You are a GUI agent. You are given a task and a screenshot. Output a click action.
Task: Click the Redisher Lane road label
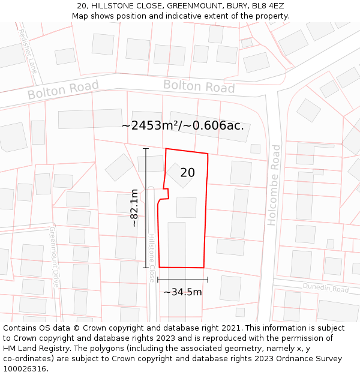[28, 51]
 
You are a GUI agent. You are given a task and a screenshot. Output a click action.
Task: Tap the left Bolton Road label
[63, 91]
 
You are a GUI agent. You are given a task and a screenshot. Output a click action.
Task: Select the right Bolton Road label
[199, 86]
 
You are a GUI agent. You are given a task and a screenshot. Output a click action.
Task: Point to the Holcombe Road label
[274, 185]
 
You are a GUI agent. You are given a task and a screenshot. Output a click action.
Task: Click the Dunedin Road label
[325, 289]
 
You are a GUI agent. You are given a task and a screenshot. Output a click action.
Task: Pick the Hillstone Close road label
[151, 258]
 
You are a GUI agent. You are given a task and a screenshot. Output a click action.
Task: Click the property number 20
[187, 173]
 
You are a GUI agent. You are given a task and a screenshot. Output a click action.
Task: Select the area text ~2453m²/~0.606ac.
[183, 125]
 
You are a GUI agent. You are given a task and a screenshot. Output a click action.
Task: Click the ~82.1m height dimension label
[134, 208]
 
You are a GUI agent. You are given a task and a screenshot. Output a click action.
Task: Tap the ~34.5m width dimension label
[183, 292]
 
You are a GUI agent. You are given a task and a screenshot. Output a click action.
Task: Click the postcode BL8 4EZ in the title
[264, 6]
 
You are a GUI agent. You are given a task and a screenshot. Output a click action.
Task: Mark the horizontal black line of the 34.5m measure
[182, 280]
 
